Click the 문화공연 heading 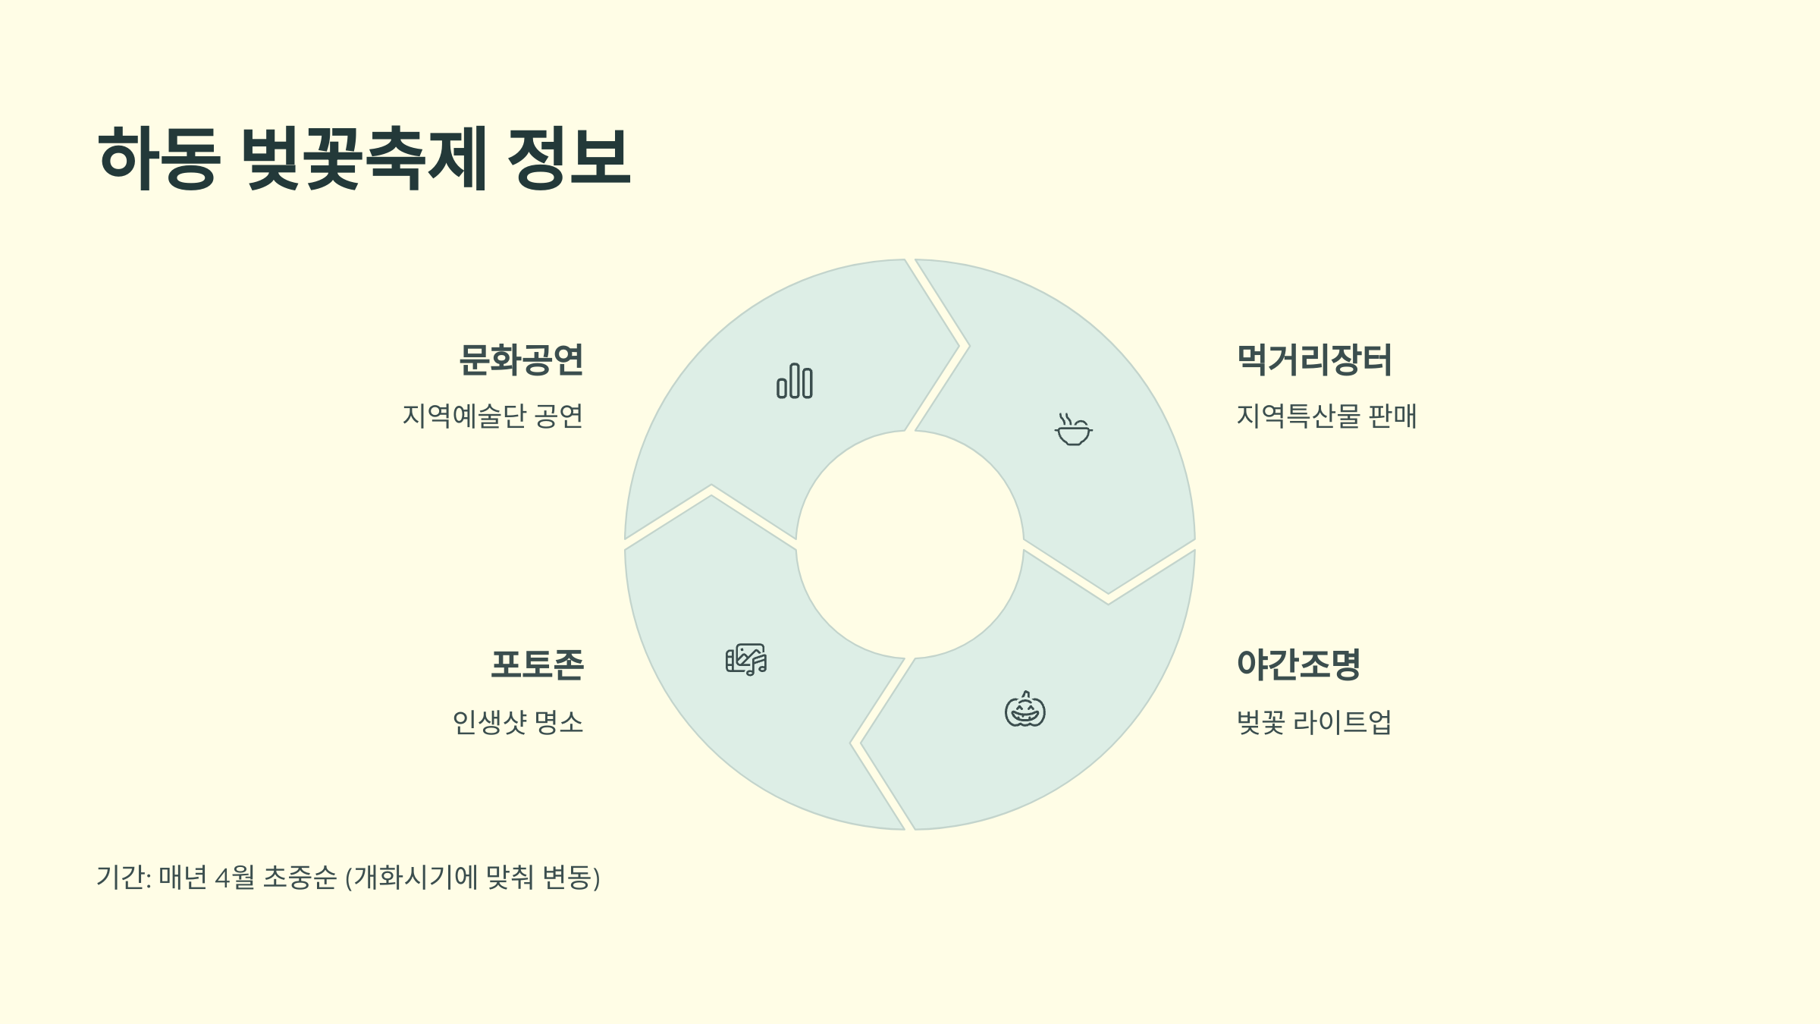coord(521,360)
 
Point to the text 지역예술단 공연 coord(492,416)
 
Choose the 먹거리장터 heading coord(1314,360)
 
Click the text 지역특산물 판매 coord(1326,416)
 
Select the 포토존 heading coord(537,664)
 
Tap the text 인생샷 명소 coord(518,722)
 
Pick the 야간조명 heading coord(1298,664)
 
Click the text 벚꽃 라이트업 coord(1314,722)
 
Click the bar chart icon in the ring coord(795,381)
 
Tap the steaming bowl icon coord(1073,429)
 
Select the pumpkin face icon coord(1025,710)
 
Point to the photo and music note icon coord(746,660)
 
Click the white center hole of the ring coord(910,545)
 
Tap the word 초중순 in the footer coord(300,878)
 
